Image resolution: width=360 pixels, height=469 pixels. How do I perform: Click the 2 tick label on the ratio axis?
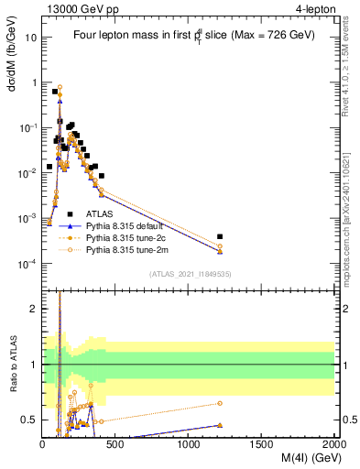click(x=34, y=309)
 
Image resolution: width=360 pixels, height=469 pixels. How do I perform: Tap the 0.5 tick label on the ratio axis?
click(x=29, y=420)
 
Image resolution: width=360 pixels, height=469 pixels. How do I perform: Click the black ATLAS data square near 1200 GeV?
click(x=220, y=236)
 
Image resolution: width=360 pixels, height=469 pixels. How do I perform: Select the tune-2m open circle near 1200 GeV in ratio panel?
click(x=220, y=403)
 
